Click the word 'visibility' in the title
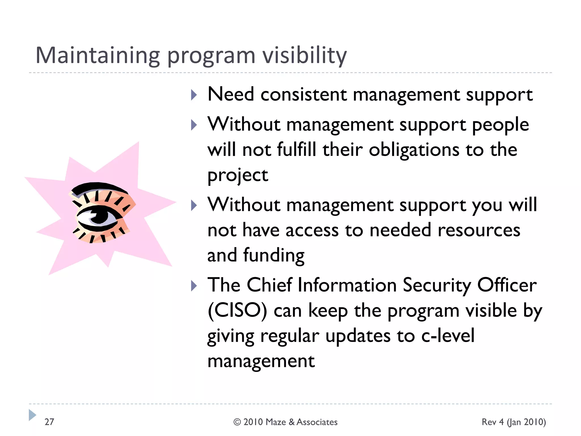304,55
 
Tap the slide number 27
49,422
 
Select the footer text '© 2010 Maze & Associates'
285,422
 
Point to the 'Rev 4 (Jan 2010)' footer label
514,422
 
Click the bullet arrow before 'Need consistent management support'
194,95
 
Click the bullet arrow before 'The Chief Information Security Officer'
194,286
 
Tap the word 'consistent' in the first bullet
304,95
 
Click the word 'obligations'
414,150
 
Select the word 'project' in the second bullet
238,175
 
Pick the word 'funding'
274,255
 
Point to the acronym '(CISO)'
237,311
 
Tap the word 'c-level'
448,336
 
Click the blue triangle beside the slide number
32,415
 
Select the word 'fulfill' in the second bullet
296,150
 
